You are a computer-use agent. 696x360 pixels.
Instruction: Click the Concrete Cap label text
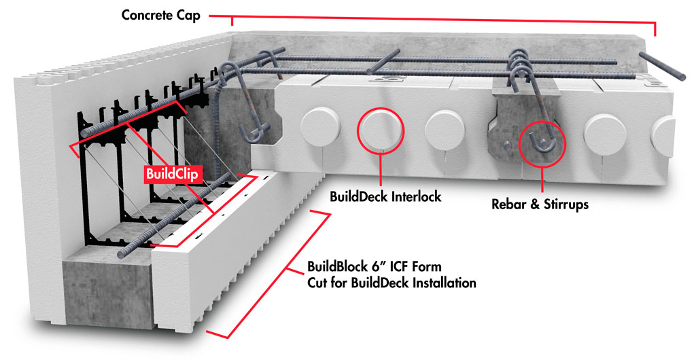point(161,15)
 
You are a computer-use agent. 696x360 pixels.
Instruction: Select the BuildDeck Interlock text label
point(385,197)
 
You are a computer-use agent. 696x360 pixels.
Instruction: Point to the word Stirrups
point(564,203)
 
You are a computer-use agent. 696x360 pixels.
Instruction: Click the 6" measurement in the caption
point(383,266)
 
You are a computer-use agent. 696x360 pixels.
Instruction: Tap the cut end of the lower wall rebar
point(122,255)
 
